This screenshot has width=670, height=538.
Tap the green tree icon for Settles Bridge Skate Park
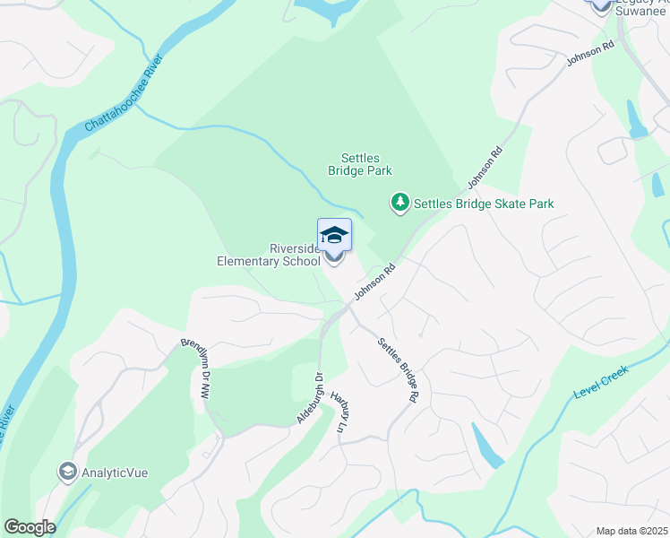(x=400, y=204)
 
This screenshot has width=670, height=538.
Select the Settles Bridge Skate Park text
(x=484, y=204)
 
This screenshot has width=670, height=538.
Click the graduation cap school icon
(x=335, y=235)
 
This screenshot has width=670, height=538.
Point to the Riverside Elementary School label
(x=269, y=256)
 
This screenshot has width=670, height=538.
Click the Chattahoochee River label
(x=125, y=95)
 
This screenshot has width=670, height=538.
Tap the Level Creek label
(x=601, y=383)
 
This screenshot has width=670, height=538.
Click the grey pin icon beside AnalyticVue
(x=67, y=471)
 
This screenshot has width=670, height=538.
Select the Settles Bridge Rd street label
(x=399, y=369)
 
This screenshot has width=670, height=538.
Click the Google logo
(x=30, y=527)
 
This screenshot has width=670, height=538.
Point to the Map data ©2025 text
(x=631, y=531)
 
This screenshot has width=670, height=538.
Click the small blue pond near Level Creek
(x=485, y=446)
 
